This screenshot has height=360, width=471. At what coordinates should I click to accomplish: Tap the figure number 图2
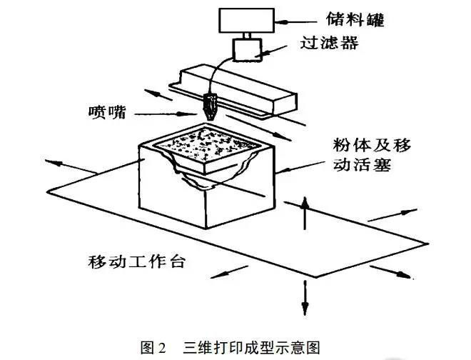(x=153, y=346)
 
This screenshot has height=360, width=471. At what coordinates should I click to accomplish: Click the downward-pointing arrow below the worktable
(x=305, y=300)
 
